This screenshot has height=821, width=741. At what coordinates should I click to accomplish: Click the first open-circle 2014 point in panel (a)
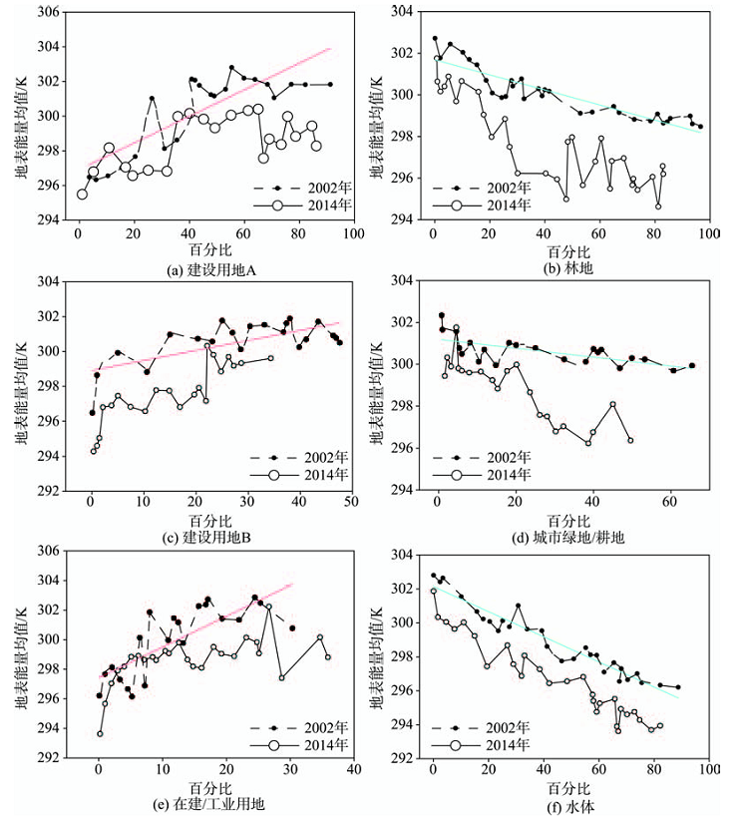[x=82, y=195]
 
